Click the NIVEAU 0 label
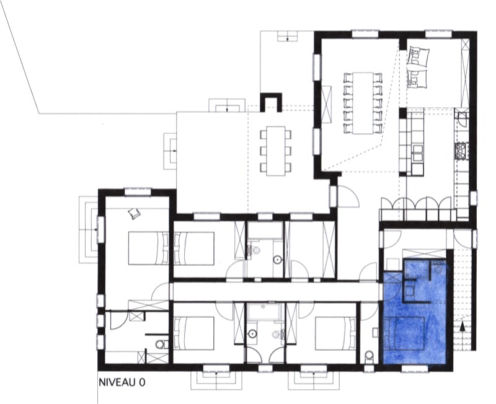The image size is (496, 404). (x=122, y=382)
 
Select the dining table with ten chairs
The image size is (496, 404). (x=363, y=103)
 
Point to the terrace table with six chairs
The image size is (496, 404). (x=276, y=151)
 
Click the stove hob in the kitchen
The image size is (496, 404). (x=461, y=151)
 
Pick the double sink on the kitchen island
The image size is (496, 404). (x=417, y=153)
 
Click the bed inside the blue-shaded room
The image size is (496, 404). (x=404, y=333)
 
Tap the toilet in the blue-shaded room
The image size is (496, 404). (x=438, y=269)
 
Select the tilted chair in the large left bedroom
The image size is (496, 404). (x=134, y=214)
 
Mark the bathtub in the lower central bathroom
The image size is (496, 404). (x=264, y=312)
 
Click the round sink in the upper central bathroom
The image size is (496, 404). (x=277, y=260)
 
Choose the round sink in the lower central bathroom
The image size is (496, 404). (x=252, y=333)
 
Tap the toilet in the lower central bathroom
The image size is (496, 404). (x=277, y=334)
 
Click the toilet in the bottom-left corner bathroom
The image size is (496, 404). (x=162, y=344)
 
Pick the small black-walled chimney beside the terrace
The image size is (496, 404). (x=271, y=102)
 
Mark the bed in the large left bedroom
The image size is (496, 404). (x=148, y=248)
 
